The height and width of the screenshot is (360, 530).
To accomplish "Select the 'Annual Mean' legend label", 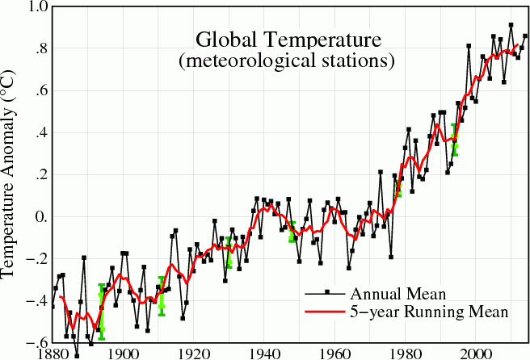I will pyautogui.click(x=389, y=292).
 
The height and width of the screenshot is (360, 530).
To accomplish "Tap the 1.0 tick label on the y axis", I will pyautogui.click(x=37, y=7).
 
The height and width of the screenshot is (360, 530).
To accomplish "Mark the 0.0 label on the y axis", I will pyautogui.click(x=37, y=217).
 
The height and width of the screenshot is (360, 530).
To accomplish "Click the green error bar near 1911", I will pyautogui.click(x=162, y=296).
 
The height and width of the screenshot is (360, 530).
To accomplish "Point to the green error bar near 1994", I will pyautogui.click(x=455, y=139).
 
